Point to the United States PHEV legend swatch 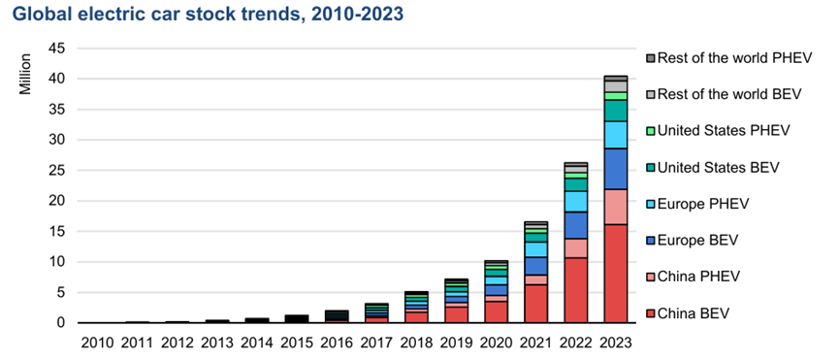click(x=650, y=131)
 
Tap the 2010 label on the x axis click(x=97, y=343)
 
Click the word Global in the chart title click(x=38, y=15)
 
